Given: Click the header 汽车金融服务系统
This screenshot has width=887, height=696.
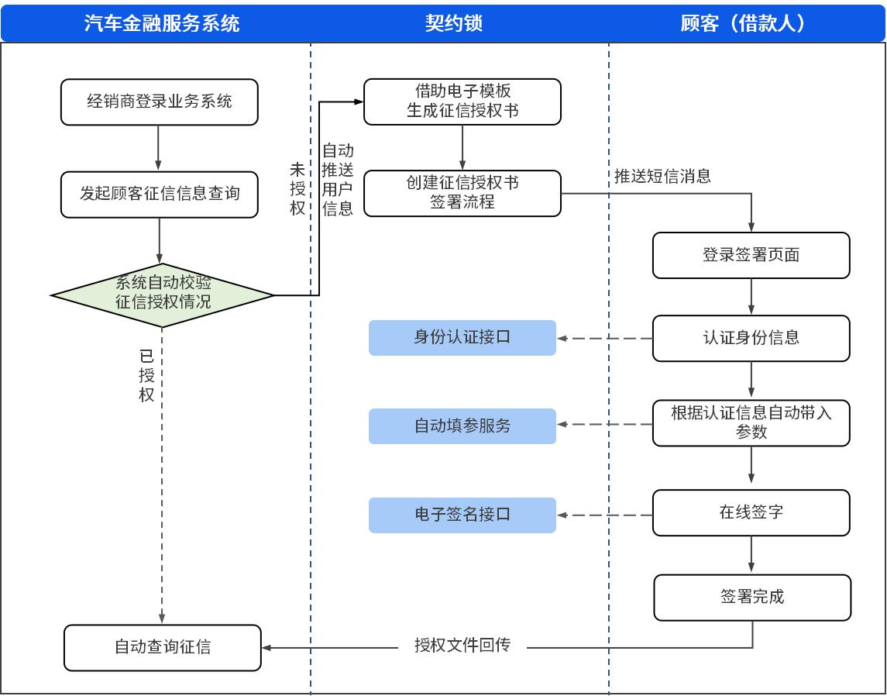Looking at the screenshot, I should [x=161, y=23].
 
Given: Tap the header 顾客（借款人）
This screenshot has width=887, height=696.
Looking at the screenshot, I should [x=743, y=23].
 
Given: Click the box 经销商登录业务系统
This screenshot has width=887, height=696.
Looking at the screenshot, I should [x=159, y=102].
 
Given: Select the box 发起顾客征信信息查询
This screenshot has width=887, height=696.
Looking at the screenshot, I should [x=159, y=194].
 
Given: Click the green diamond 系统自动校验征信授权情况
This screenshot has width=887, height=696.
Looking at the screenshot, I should [x=163, y=295].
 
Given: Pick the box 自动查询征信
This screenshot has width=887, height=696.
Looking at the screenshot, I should [x=163, y=647].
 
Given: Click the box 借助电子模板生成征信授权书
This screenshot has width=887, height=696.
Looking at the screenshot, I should [x=462, y=102].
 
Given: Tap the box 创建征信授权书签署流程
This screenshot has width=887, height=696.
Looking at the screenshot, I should [x=462, y=193].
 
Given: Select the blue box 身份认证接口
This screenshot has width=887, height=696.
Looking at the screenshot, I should [x=462, y=338].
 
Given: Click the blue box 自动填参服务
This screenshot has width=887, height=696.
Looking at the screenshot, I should [x=462, y=426].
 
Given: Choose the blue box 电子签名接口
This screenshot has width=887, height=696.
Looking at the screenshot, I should [x=462, y=515].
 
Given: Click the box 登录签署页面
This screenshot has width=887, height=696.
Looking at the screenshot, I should [x=751, y=255].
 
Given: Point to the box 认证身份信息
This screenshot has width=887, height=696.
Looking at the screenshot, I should [x=751, y=338].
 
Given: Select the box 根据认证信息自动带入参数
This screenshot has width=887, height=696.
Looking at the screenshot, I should [x=751, y=422].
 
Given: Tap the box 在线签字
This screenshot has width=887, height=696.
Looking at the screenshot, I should [x=751, y=512].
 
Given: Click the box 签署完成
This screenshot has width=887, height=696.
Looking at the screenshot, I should [x=752, y=597].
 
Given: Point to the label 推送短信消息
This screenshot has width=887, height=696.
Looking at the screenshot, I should [x=662, y=176].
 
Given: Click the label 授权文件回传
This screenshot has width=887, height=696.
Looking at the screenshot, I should [x=462, y=646].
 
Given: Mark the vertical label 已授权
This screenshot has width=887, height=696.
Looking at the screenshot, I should [x=146, y=376].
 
